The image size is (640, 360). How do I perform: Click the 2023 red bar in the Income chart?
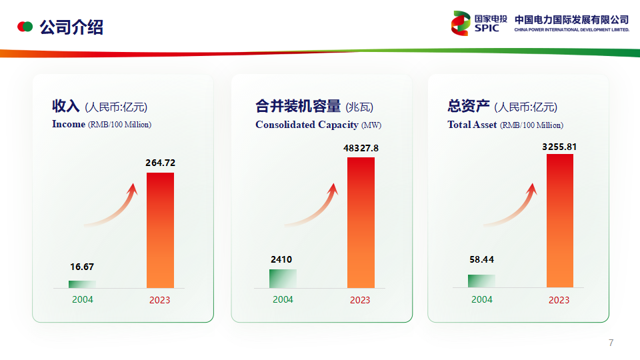[x=160, y=230]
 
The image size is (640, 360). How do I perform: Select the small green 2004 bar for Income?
[x=82, y=284]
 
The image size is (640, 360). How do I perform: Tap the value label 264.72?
[x=161, y=163]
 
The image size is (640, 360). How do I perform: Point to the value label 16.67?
[x=82, y=267]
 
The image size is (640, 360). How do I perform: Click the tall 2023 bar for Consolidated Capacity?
[x=361, y=223]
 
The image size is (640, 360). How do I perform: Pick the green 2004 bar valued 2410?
[x=283, y=279]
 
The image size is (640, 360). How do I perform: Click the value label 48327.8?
[x=361, y=148]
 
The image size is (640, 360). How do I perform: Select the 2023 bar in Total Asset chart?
[x=560, y=221]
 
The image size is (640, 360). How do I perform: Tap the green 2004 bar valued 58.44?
[x=481, y=281]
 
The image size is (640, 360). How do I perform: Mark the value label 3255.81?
[x=559, y=147]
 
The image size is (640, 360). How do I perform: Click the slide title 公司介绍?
[x=71, y=27]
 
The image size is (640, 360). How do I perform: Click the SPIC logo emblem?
[x=461, y=23]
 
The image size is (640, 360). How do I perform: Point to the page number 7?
[x=611, y=343]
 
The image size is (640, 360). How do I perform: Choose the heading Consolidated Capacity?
[x=307, y=125]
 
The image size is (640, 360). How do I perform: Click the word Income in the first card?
[x=69, y=124]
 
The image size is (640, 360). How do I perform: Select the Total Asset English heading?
[x=472, y=125]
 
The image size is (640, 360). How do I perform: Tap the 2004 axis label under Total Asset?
[x=482, y=299]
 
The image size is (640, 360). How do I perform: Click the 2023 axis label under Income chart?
[x=159, y=300]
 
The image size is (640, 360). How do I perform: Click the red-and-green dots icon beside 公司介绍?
[x=25, y=27]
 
